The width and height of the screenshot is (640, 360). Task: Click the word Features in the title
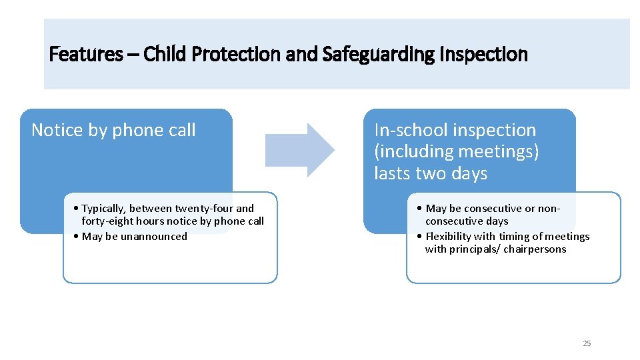click(x=85, y=54)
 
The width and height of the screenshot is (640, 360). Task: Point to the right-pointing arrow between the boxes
click(x=300, y=150)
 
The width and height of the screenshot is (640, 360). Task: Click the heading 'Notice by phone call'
click(x=113, y=130)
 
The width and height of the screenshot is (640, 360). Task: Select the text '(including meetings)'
click(x=456, y=152)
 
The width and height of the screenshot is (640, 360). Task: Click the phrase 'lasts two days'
click(x=431, y=174)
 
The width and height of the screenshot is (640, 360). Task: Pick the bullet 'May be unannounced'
click(x=135, y=236)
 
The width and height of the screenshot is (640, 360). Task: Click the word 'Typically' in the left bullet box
click(x=104, y=209)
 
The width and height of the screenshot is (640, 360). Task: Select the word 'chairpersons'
click(x=535, y=249)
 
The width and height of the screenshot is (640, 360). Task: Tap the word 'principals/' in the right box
click(x=474, y=249)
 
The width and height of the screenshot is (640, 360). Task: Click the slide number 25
click(x=587, y=343)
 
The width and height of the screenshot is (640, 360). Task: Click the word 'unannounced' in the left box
click(x=154, y=236)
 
